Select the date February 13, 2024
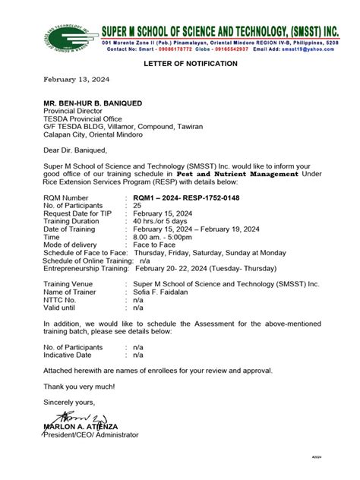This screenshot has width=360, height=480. point(76,79)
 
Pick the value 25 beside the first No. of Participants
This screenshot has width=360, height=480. point(137,205)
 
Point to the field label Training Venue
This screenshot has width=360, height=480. point(76,283)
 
